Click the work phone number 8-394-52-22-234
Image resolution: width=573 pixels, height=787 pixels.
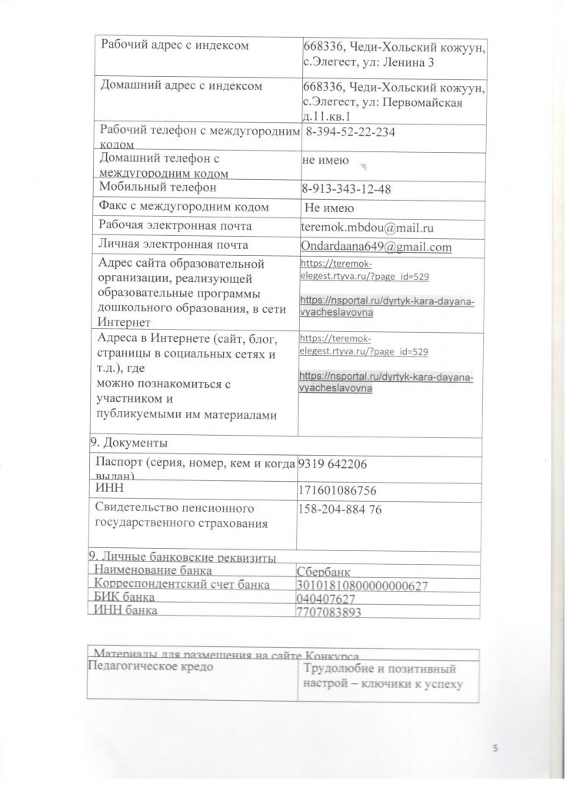tap(351, 133)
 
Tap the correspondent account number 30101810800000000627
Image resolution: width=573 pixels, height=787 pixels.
tap(361, 586)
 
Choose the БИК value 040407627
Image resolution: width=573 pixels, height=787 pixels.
tap(326, 599)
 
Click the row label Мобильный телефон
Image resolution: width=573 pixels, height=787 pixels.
tap(158, 187)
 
